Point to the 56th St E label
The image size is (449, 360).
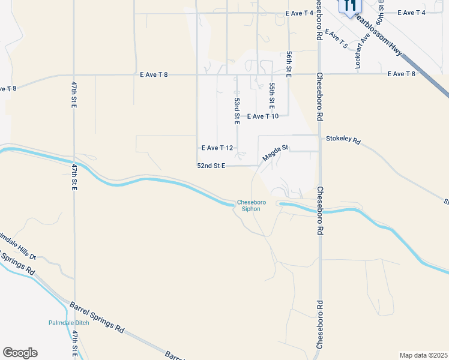289,62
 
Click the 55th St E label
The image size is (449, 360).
272,95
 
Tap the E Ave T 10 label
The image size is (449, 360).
262,116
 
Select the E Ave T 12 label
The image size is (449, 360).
217,147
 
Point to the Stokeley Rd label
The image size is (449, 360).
343,140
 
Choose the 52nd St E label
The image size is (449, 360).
211,166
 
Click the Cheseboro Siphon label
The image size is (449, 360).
251,205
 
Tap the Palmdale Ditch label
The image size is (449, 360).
69,323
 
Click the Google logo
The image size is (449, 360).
20,353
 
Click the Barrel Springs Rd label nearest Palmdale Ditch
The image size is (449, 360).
97,318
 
